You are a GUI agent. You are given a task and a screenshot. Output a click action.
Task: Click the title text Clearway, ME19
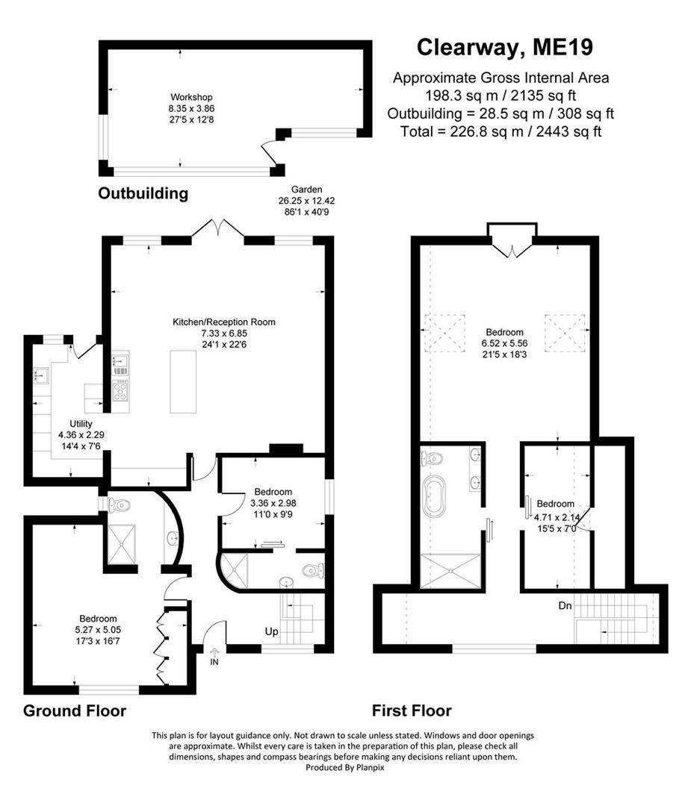point(504,48)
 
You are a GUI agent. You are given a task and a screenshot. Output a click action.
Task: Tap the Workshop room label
point(191,97)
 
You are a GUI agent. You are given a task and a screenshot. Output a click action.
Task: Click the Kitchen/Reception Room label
point(224,322)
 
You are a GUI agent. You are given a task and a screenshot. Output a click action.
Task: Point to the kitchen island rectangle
point(184,381)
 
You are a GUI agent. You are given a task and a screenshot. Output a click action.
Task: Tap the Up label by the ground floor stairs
point(271,632)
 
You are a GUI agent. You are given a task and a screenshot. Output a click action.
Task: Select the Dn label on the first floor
point(565,606)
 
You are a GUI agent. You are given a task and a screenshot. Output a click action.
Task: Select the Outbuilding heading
point(143,194)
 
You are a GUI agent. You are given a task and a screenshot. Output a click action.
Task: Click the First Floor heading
point(412,710)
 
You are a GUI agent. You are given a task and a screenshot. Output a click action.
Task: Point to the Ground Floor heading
point(75,710)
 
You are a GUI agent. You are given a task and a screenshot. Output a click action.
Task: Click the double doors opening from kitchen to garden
point(217,228)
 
